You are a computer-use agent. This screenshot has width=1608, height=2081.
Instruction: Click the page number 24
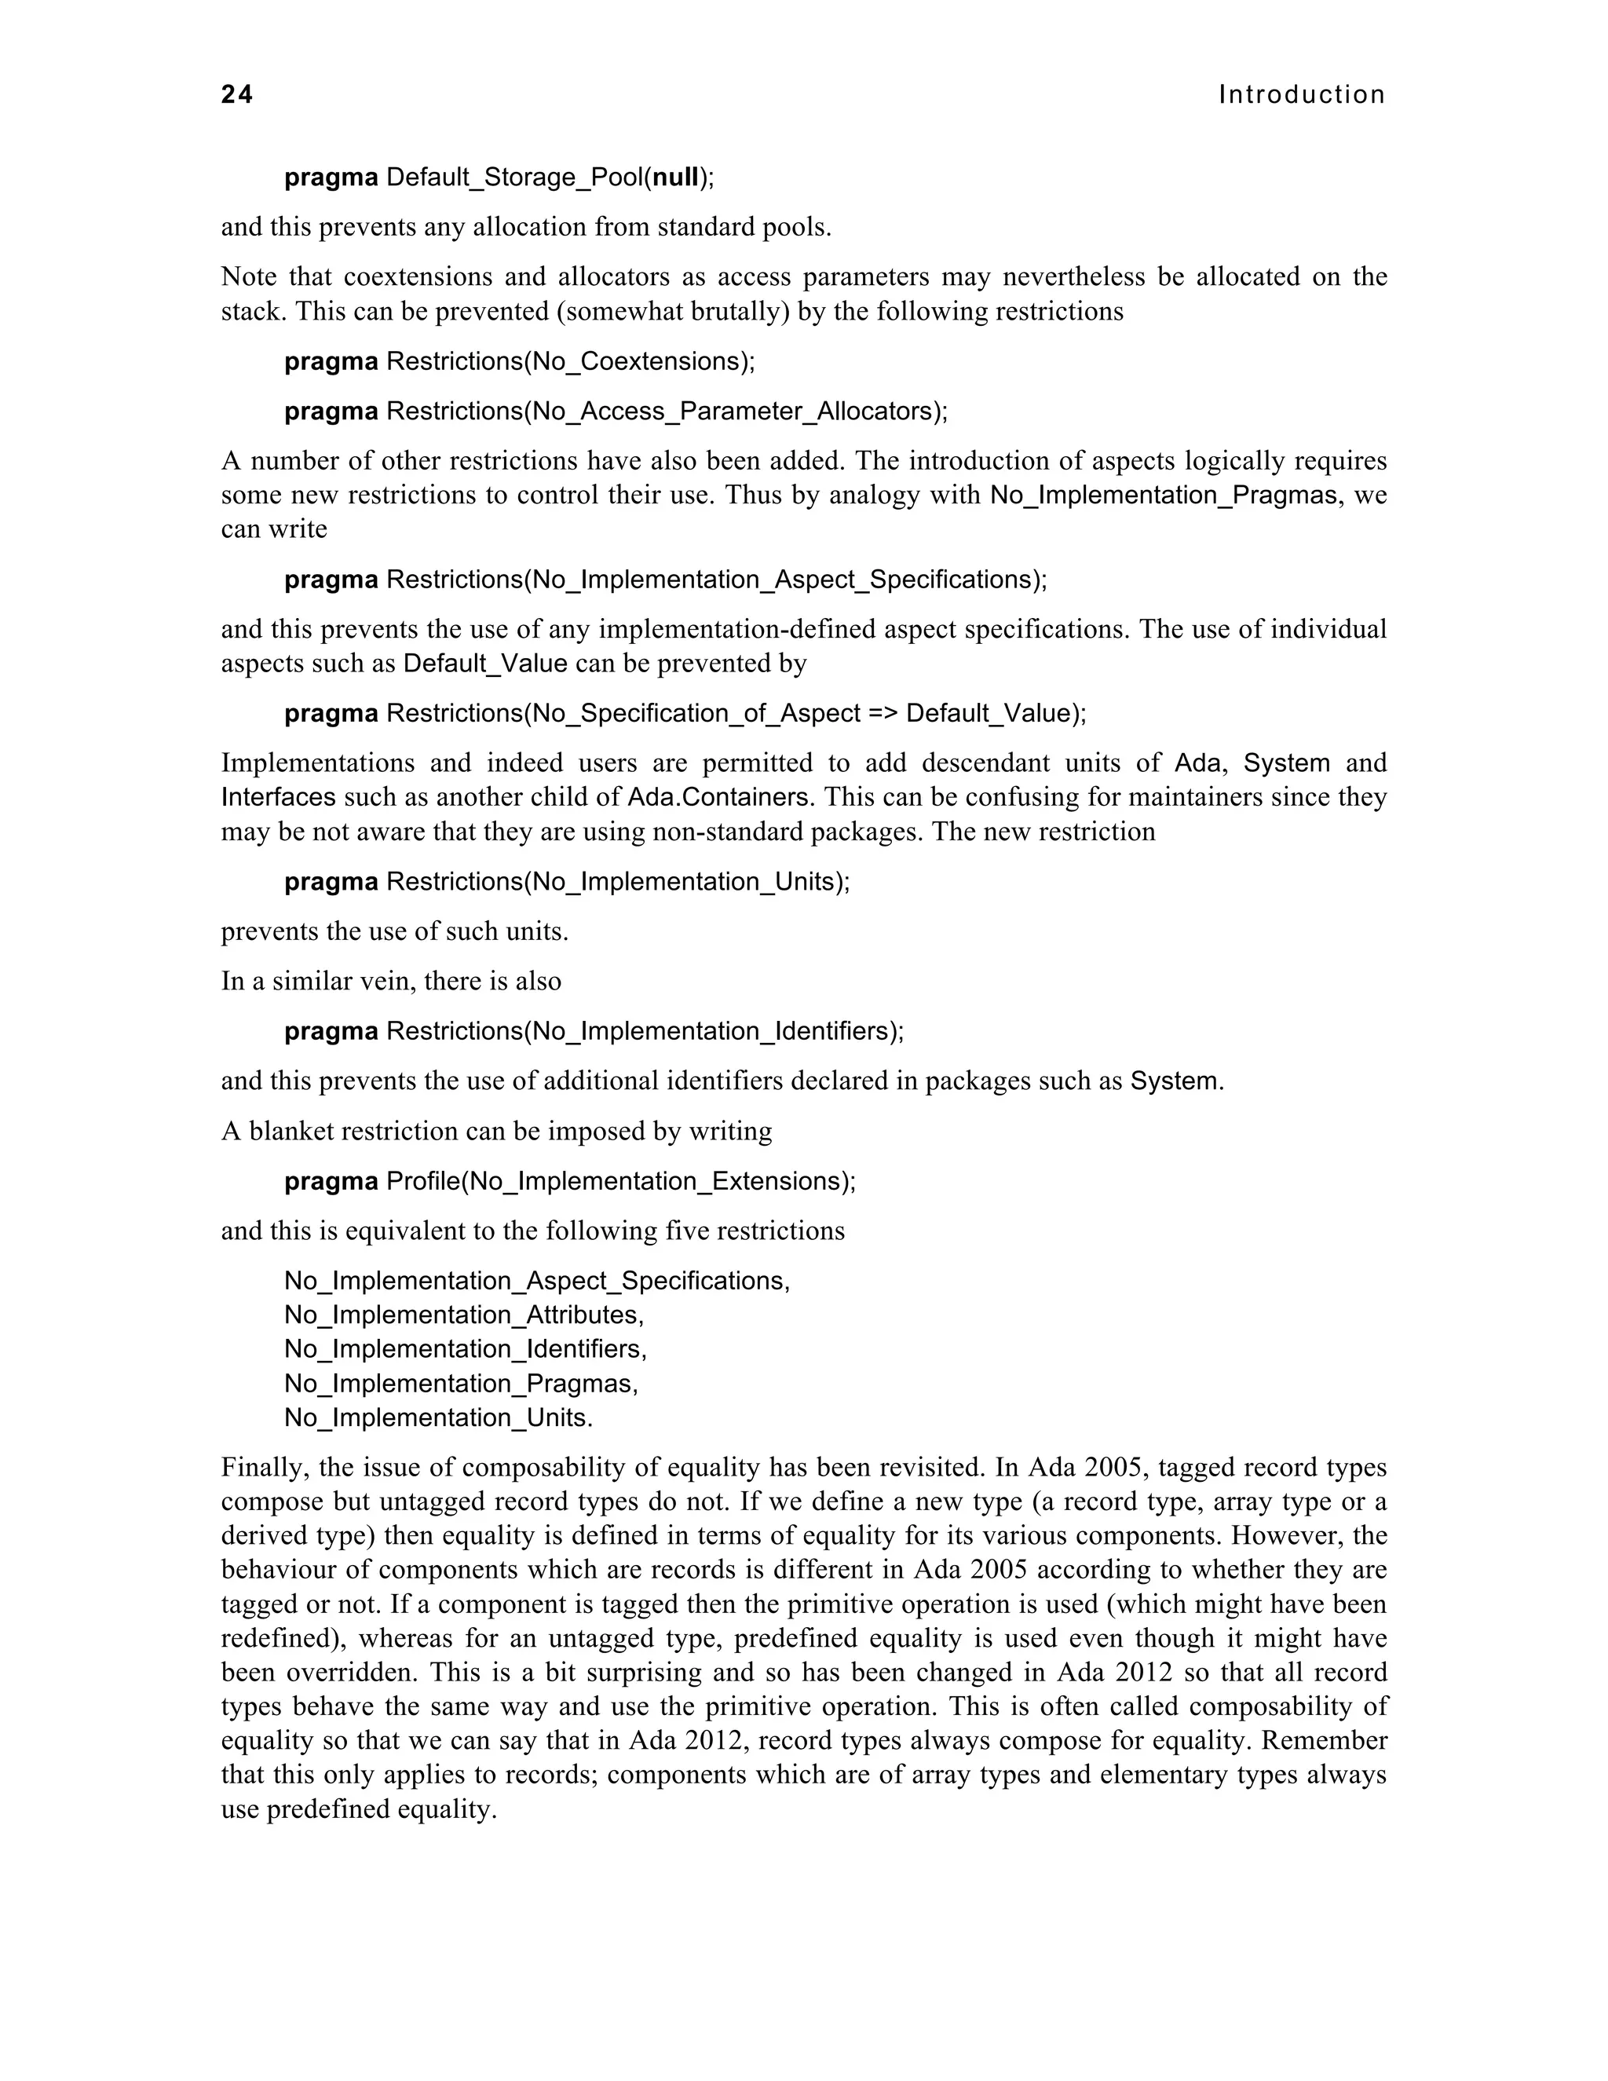237,94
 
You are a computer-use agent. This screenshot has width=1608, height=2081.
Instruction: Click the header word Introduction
1301,94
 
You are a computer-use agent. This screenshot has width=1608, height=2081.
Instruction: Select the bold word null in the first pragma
675,177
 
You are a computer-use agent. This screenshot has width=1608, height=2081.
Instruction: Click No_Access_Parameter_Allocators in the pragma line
732,411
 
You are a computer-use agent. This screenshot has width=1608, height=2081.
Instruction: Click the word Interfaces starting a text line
278,796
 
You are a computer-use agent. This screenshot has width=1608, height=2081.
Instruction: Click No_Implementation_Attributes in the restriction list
462,1315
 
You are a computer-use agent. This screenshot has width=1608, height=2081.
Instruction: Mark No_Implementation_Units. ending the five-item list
437,1417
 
